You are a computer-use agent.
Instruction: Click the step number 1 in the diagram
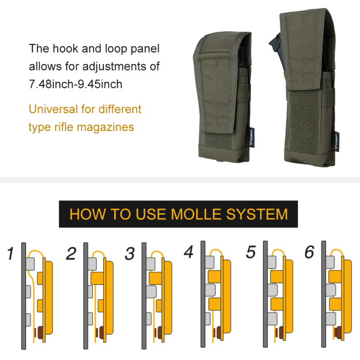(x=10, y=253)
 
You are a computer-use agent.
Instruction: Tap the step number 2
(x=71, y=253)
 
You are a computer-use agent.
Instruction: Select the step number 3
(x=130, y=253)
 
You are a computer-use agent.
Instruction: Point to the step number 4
(x=189, y=252)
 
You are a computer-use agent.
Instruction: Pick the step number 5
(x=251, y=252)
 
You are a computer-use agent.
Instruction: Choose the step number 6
(x=309, y=252)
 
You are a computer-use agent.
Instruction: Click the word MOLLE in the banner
(x=196, y=214)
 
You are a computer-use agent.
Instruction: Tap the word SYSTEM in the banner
(x=257, y=214)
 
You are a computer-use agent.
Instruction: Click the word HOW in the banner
(x=88, y=214)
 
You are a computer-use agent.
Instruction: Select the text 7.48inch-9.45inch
(x=76, y=84)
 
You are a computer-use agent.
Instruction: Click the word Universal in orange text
(x=53, y=109)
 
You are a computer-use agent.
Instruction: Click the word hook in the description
(x=65, y=48)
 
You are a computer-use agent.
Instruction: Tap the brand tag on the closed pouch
(x=252, y=137)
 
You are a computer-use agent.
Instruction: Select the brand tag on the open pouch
(x=336, y=142)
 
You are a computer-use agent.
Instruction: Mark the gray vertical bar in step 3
(x=144, y=296)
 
